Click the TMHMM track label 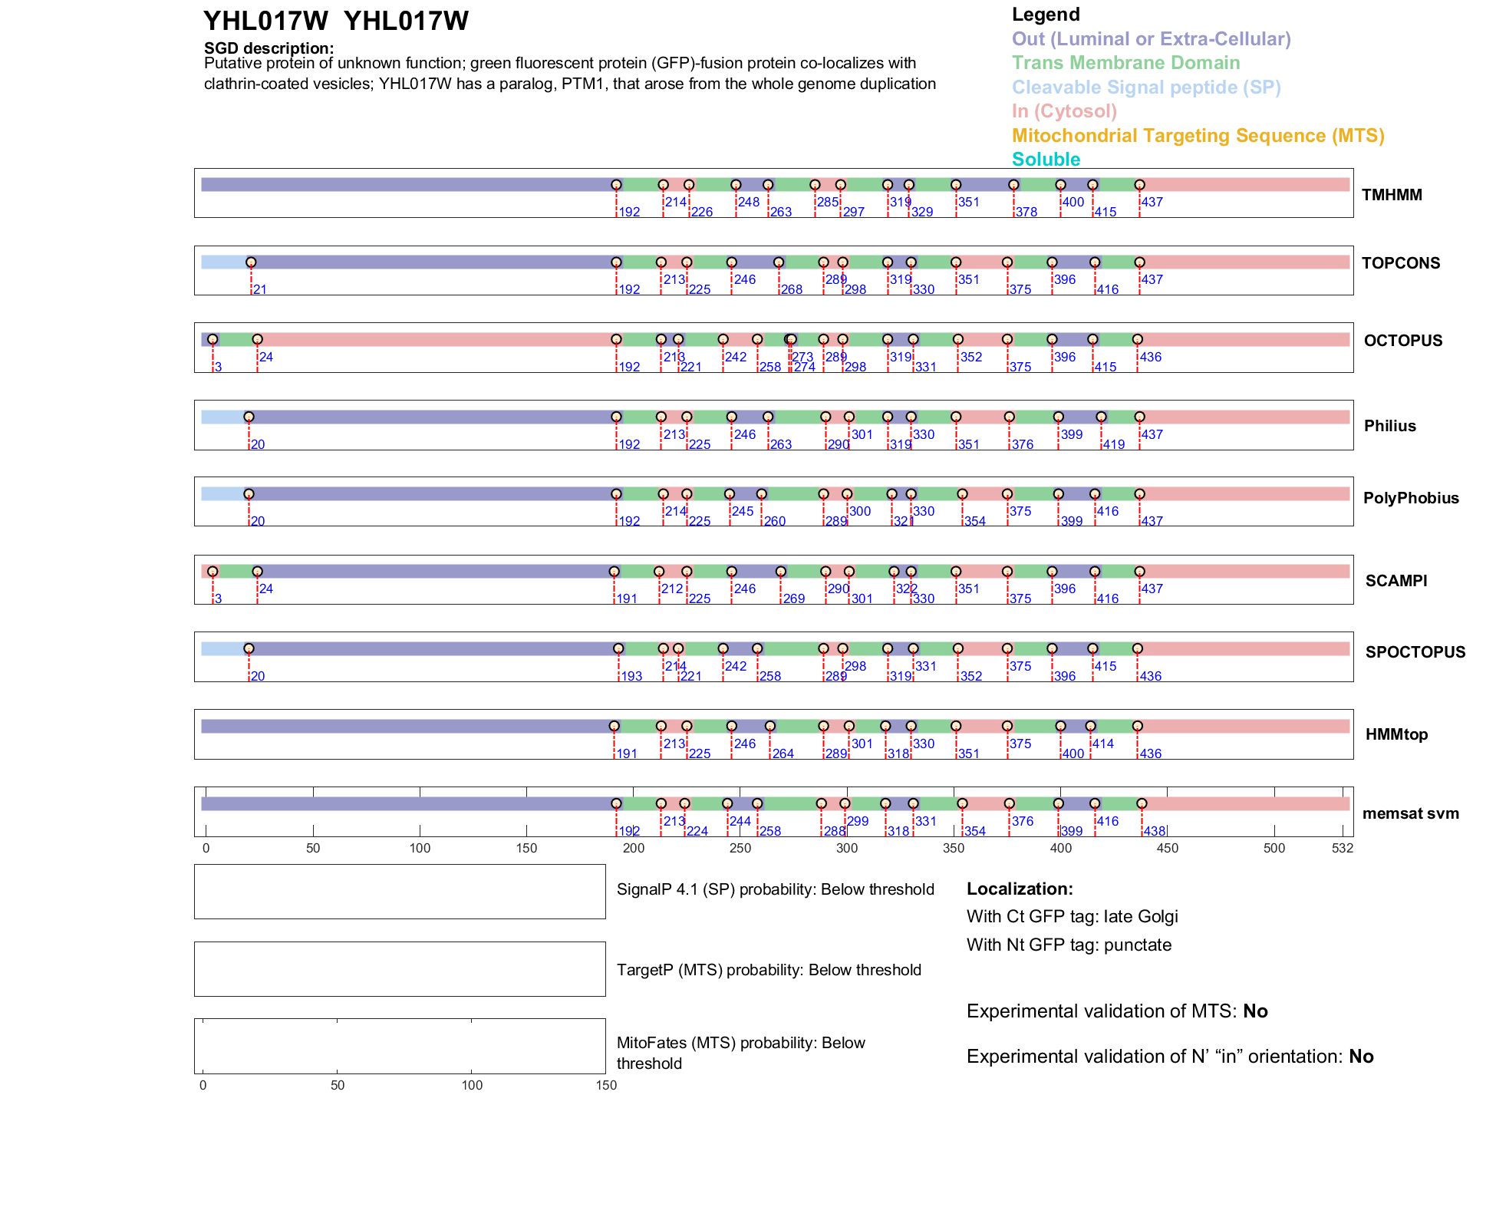pos(1392,195)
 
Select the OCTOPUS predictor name pos(1402,341)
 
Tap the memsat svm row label pos(1410,813)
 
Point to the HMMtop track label pos(1396,734)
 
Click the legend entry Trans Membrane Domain pos(1125,63)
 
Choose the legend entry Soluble pos(1046,160)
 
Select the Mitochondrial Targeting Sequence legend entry pos(1198,136)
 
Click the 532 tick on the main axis pos(1343,848)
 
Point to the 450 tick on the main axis pos(1167,848)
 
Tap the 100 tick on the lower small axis pos(472,1085)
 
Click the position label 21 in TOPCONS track pos(260,289)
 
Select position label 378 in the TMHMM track pos(1026,212)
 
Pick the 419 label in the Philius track pos(1114,444)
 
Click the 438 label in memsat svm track pos(1154,831)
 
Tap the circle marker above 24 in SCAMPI pos(258,572)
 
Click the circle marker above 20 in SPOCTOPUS pos(249,648)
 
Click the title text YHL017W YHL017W pos(335,21)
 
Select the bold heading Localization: pos(1020,889)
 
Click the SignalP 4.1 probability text pos(775,889)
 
